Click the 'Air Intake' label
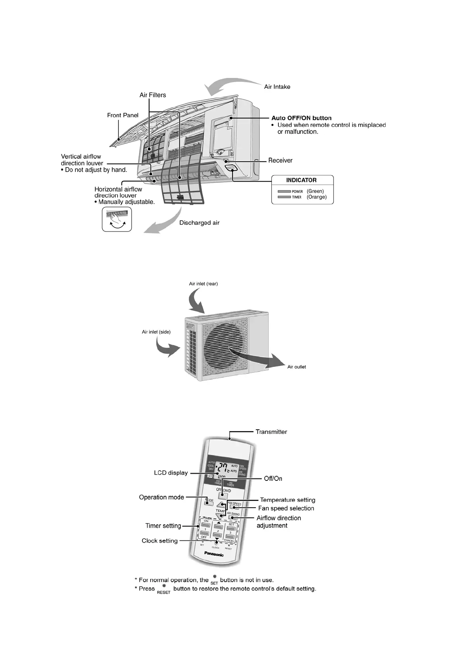tap(277, 87)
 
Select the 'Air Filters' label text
tap(153, 95)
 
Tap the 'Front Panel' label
tap(123, 115)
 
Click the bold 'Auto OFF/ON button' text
tap(301, 118)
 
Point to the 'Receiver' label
tap(280, 161)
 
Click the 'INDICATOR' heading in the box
tap(301, 180)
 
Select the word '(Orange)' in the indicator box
tap(317, 197)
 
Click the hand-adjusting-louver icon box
tap(117, 219)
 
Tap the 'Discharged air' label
tap(199, 223)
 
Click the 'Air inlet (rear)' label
tap(203, 284)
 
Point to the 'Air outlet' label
tap(297, 367)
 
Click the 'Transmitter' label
tap(271, 432)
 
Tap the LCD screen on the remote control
tap(227, 470)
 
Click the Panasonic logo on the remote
tap(214, 555)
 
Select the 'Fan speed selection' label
tap(286, 508)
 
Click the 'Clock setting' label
tap(160, 541)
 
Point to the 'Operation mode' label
tap(162, 498)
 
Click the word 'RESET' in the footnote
tap(163, 593)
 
